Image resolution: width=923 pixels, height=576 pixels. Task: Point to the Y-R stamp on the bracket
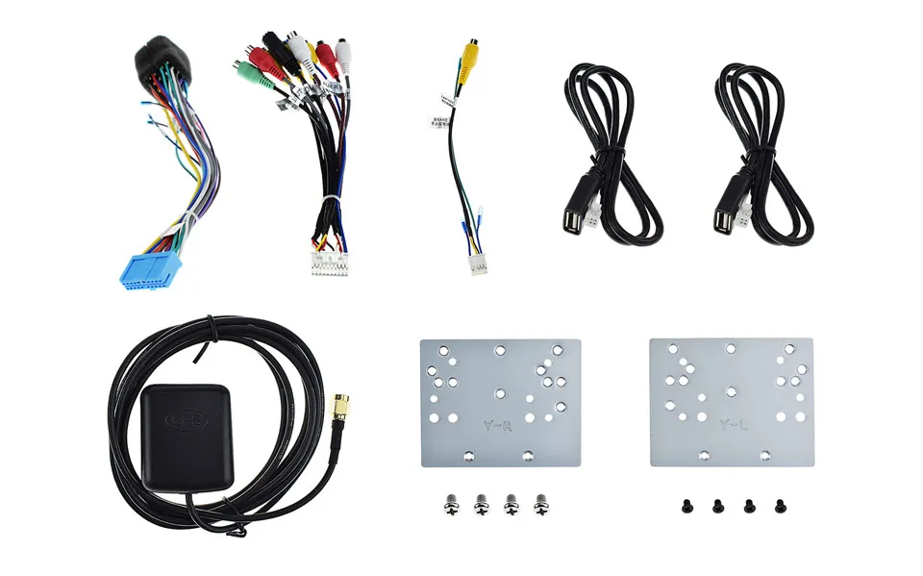496,424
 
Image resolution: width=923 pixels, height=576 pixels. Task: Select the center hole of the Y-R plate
499,391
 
